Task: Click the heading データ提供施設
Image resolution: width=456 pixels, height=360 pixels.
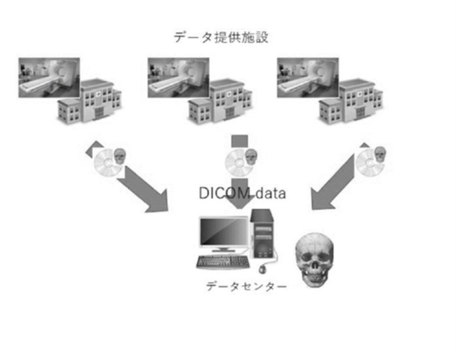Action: point(221,37)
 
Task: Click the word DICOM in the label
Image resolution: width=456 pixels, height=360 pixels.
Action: point(224,193)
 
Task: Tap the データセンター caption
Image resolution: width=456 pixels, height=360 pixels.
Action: point(247,287)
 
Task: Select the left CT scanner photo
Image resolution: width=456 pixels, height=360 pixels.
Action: point(49,77)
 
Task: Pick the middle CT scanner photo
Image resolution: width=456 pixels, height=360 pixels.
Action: point(179,77)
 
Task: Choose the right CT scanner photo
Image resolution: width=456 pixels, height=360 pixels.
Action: point(307,77)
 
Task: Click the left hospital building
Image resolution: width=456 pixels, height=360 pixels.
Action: point(91,101)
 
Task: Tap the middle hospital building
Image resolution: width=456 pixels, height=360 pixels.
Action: point(220,101)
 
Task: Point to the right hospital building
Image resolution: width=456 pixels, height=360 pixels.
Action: point(351,101)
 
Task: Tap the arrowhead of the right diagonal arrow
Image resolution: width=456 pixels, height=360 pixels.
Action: point(321,200)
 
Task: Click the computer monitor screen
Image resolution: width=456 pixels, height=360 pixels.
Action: point(224,232)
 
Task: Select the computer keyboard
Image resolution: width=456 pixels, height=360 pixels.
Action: point(223,262)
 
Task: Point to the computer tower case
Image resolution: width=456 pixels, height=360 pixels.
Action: point(262,234)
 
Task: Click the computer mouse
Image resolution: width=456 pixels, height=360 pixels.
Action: point(263,269)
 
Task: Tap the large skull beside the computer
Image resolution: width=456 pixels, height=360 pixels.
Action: point(314,259)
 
